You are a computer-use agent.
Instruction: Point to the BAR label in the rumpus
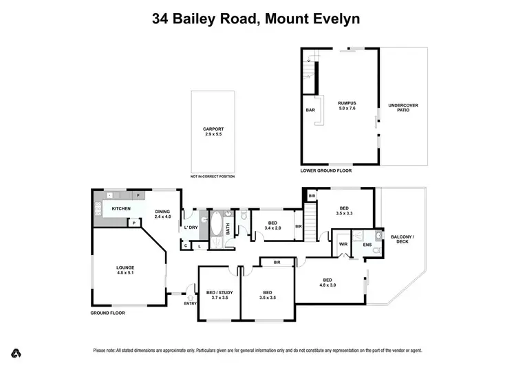tap(310, 109)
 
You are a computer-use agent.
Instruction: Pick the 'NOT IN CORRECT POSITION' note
tap(213, 177)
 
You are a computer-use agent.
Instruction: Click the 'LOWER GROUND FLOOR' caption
tap(325, 170)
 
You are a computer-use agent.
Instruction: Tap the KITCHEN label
tap(122, 208)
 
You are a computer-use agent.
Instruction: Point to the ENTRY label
tap(190, 303)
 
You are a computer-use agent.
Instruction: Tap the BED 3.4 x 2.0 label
tap(272, 225)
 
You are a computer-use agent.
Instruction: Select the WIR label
tap(342, 243)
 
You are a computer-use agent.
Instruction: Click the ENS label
tap(367, 244)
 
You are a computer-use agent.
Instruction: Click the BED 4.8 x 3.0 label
tap(327, 282)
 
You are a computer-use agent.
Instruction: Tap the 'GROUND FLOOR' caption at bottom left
tap(110, 312)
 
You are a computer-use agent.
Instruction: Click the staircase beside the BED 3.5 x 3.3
tap(312, 223)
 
